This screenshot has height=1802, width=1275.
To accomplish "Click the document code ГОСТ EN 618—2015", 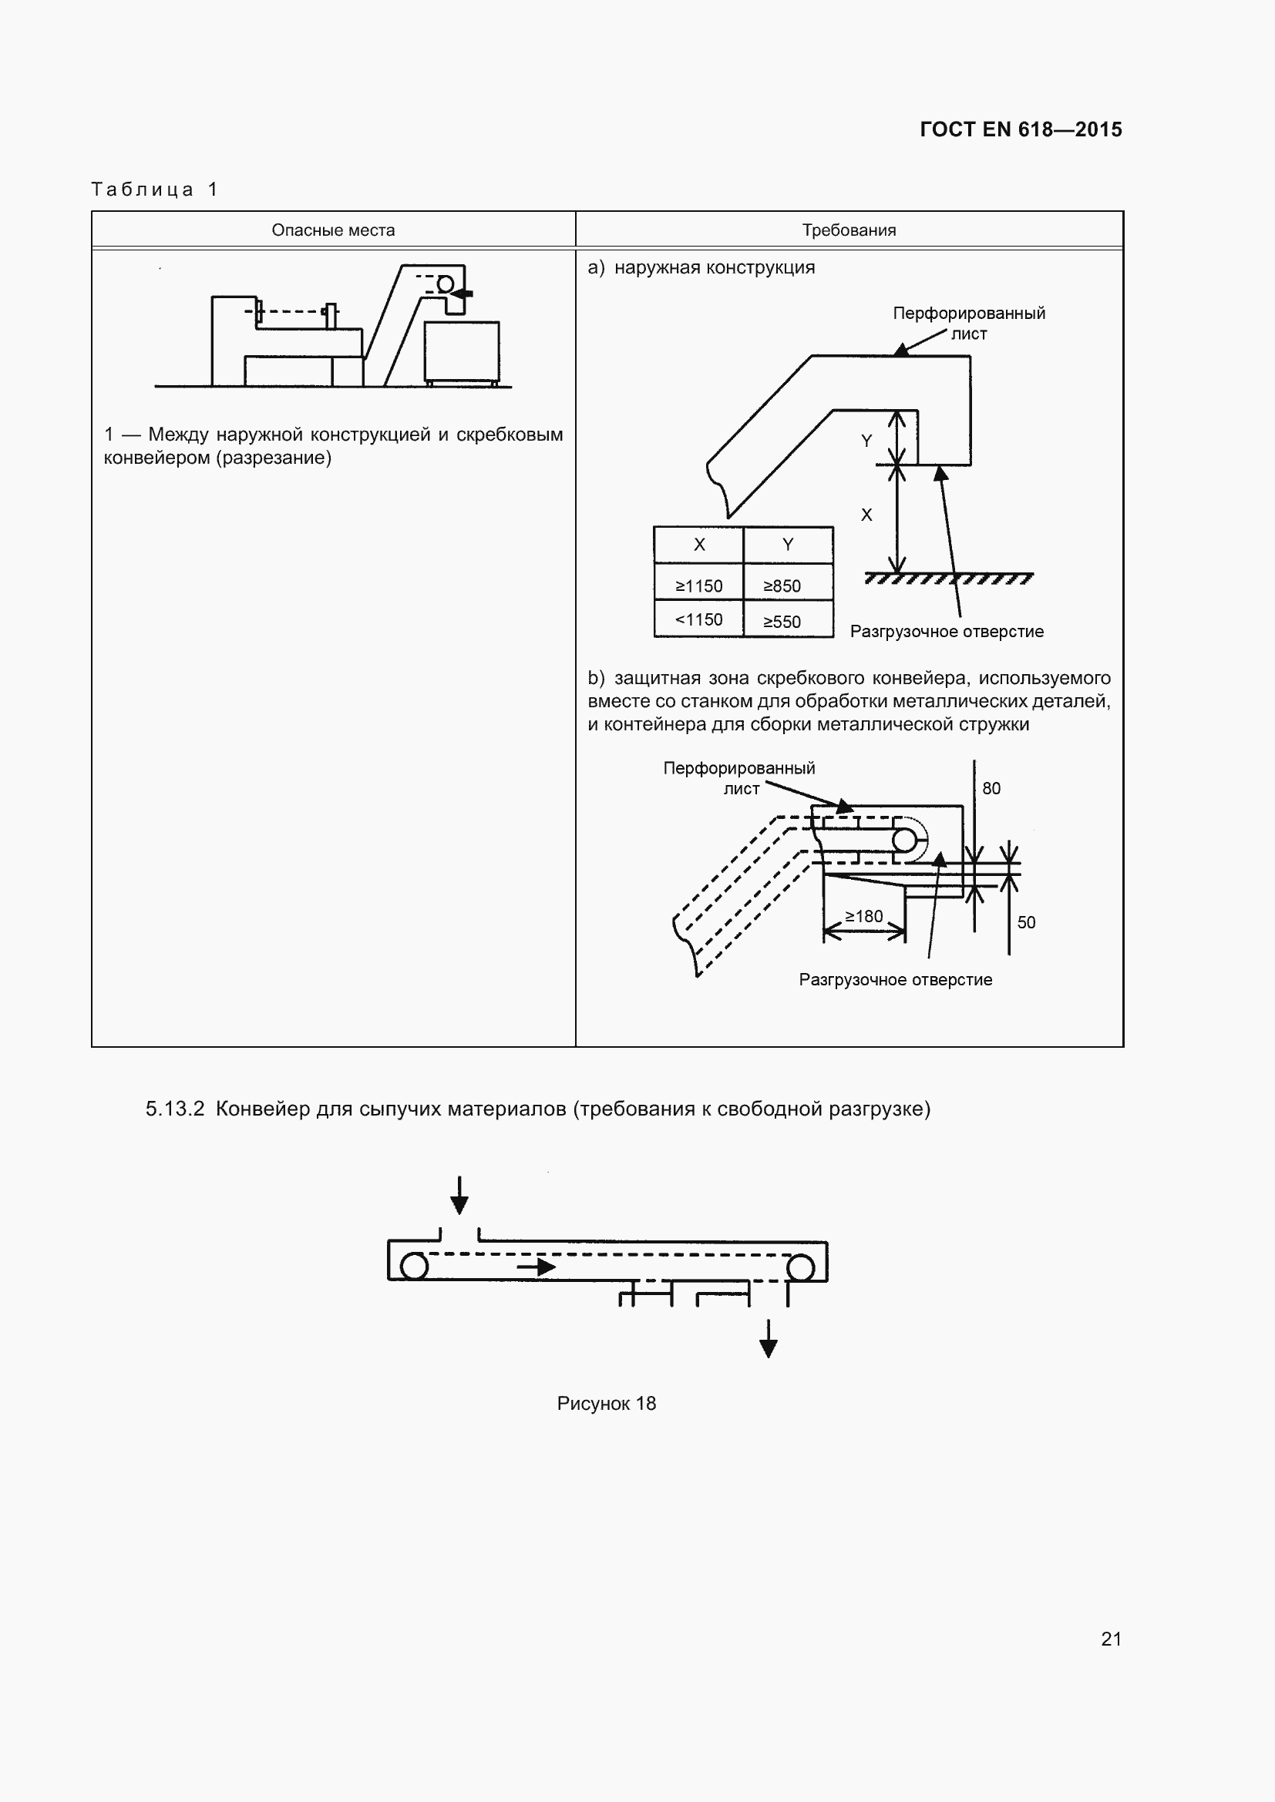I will (1020, 129).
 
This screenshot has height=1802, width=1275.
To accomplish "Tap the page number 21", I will (1111, 1639).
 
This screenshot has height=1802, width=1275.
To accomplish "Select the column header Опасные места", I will (333, 230).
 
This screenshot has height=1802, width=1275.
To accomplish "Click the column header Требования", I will (849, 230).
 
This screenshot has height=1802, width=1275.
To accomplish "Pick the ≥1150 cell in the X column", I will (698, 586).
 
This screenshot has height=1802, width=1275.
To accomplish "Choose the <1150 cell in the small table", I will (698, 619).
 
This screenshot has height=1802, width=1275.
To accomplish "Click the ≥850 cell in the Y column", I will (782, 586).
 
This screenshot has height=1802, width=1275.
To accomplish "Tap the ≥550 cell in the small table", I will (782, 622).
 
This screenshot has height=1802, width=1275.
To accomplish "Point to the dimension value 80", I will (991, 788).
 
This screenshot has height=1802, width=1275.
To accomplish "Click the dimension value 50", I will (1026, 922).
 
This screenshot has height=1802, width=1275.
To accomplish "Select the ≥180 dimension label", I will (863, 916).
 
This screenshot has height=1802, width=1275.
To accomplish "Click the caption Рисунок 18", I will (606, 1403).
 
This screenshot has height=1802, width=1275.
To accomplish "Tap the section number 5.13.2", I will (175, 1108).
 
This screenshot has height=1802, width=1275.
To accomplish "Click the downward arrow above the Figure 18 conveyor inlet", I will (459, 1196).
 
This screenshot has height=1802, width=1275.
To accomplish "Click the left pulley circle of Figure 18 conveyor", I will (414, 1266).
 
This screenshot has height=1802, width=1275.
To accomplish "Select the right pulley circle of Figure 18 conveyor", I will (801, 1267).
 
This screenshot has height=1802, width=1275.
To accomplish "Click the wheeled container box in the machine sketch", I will (462, 351).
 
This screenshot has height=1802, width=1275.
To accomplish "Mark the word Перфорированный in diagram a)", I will (969, 313).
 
